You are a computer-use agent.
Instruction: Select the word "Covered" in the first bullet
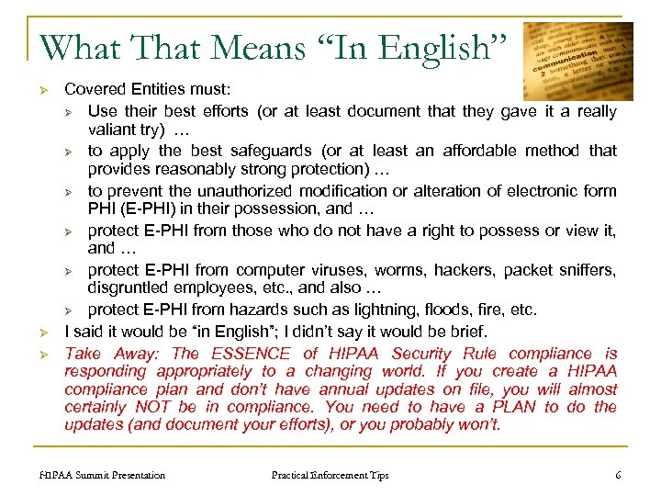[x=93, y=91]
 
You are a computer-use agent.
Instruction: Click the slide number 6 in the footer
[x=618, y=475]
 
